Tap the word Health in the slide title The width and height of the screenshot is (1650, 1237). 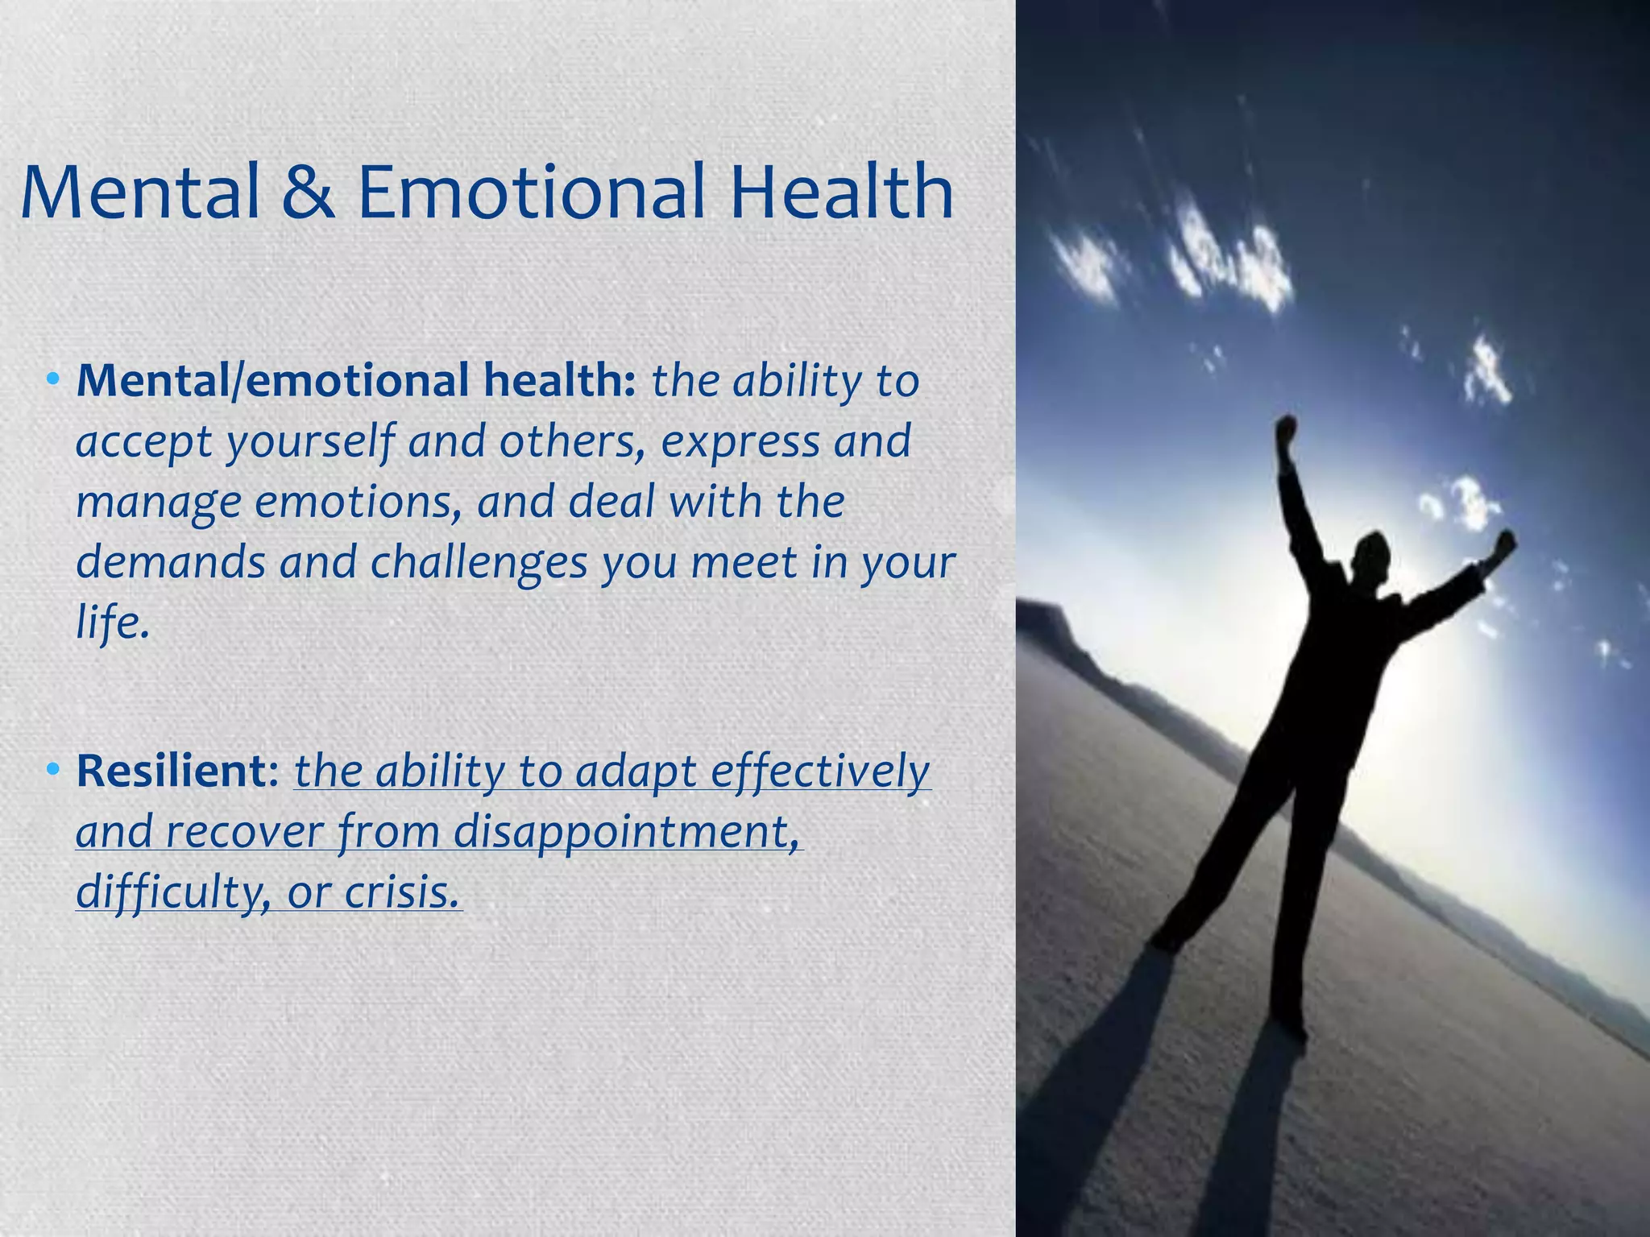[841, 193]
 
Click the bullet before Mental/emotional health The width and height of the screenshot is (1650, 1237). [53, 379]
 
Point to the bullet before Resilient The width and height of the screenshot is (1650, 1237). [53, 770]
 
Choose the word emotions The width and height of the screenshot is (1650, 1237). [355, 503]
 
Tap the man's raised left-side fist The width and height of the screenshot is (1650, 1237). [1286, 428]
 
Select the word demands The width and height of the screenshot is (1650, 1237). [170, 562]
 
